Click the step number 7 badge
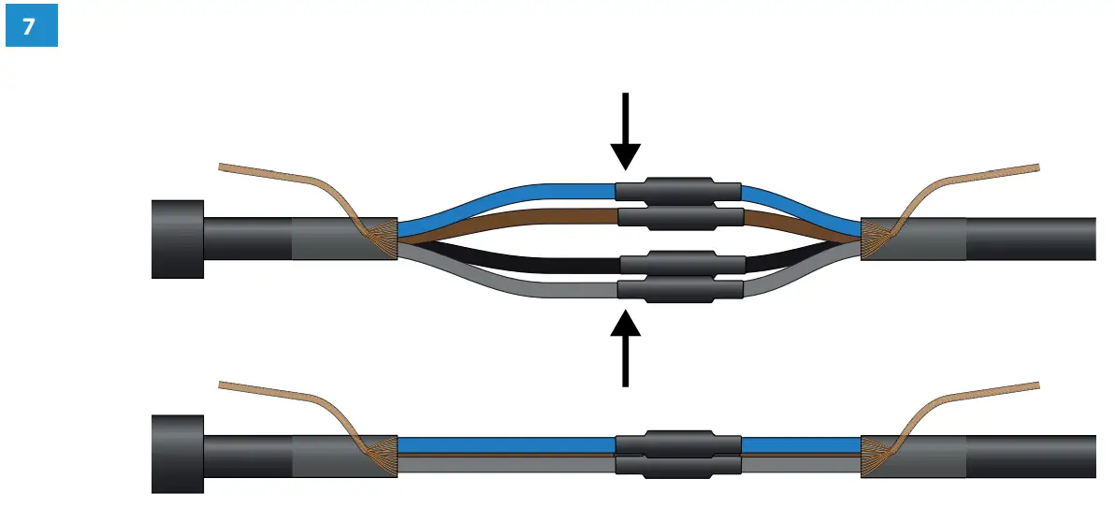point(31,26)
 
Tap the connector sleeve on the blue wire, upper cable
point(677,191)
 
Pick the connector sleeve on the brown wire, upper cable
point(681,218)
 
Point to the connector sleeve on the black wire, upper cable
point(681,262)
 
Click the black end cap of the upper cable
point(178,239)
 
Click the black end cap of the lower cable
point(178,453)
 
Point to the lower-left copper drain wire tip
point(224,384)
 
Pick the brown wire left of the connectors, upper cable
point(505,221)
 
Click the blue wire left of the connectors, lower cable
point(505,444)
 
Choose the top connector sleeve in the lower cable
point(677,443)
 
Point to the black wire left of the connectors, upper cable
point(505,258)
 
